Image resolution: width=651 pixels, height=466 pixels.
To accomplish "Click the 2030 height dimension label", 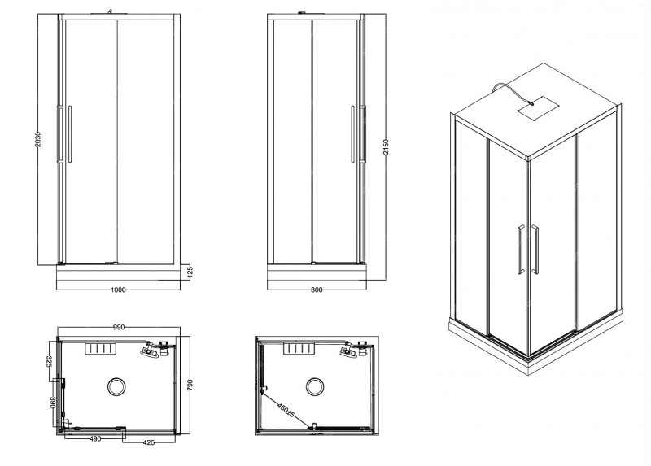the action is click(37, 139).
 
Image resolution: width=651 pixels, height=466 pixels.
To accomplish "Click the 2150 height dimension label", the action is click(386, 147).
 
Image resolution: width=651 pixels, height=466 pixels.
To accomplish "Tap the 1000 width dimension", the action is click(118, 290).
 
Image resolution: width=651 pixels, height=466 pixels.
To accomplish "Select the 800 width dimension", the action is click(317, 290).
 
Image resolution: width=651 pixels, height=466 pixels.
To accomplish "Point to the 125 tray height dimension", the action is click(190, 272).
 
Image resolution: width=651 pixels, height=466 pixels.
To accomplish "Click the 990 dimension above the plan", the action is click(119, 327).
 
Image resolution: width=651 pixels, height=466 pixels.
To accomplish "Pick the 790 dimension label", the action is click(190, 385).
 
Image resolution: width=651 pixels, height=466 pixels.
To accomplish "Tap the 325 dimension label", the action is click(49, 361).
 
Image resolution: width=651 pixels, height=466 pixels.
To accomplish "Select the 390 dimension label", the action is click(53, 403).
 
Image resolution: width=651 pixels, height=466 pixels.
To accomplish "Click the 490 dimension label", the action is click(95, 438).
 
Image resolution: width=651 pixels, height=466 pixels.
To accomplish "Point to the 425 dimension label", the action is click(149, 442).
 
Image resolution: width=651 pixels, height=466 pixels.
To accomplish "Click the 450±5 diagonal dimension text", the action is click(286, 409).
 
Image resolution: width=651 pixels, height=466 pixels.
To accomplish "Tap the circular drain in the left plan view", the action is click(116, 387).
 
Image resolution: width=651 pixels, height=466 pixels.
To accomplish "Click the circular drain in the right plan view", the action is click(315, 387).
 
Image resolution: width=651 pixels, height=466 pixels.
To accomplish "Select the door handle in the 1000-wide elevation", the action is click(70, 134).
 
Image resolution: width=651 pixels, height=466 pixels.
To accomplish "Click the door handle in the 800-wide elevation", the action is click(352, 134).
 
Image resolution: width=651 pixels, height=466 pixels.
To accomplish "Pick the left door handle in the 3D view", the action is click(521, 250).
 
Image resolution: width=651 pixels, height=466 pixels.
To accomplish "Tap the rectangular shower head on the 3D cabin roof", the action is click(536, 108).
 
